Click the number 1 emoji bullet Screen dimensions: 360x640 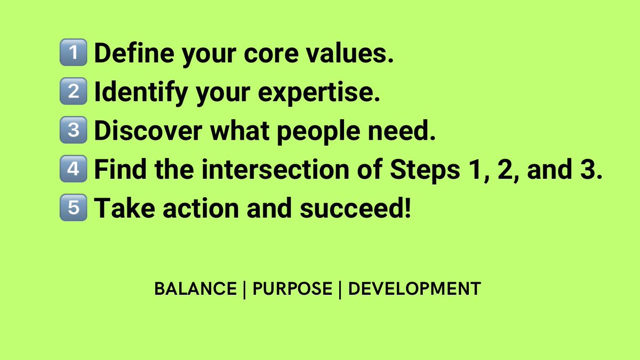point(74,54)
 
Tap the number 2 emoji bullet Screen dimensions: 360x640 point(74,92)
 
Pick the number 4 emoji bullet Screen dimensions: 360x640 point(74,169)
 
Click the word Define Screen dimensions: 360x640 point(127,54)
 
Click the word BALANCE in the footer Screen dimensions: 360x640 point(195,289)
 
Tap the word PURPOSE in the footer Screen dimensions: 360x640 point(292,289)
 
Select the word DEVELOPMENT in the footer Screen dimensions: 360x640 point(414,289)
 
